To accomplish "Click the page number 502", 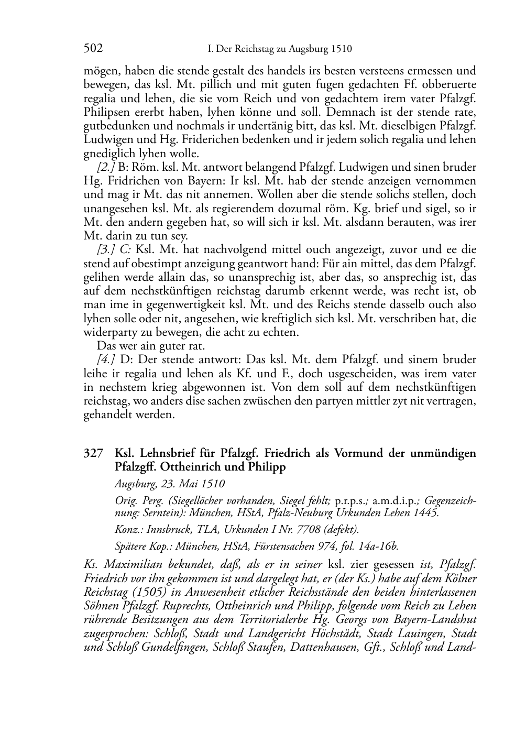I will pos(93,49).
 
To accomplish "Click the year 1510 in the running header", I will pos(341,50).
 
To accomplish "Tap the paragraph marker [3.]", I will pos(107,249).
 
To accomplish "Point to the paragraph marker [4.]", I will pos(106,359).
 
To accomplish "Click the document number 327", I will pos(93,453).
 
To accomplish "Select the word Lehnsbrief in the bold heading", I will pos(166,453).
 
